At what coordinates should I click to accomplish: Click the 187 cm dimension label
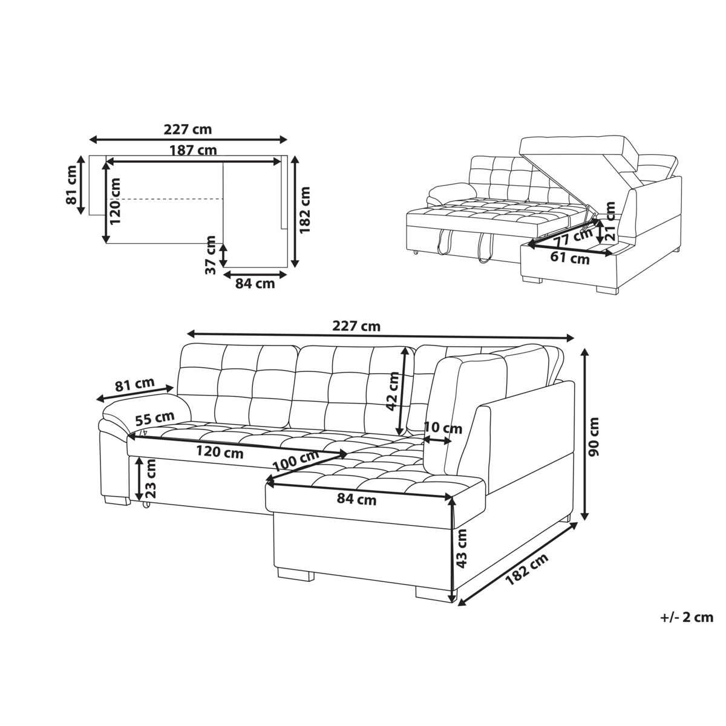coord(193,151)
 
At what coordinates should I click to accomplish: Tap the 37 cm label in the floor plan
coord(212,255)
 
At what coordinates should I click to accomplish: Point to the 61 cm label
coord(570,258)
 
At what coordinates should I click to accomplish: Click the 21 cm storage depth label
coord(610,221)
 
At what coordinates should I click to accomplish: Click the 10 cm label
coord(443,428)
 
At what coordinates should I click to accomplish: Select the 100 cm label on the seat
coord(296,461)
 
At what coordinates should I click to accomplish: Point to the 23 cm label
coord(150,479)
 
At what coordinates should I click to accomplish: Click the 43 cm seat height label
coord(461,549)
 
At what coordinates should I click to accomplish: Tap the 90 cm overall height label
coord(594,437)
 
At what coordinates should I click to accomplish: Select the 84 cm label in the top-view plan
coord(255,283)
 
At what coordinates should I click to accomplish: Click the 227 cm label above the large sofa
coord(356,326)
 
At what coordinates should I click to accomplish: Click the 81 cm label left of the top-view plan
coord(71,185)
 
